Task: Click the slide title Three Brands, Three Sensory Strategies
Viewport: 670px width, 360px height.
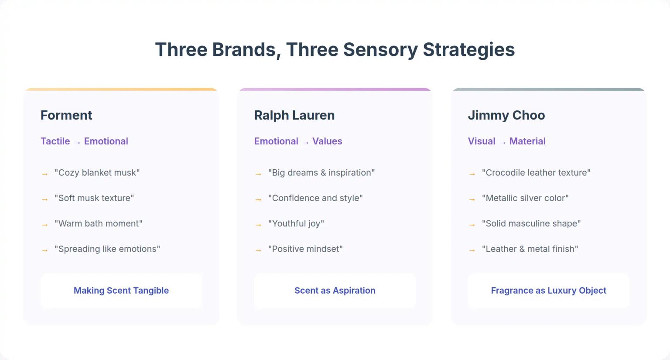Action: pyautogui.click(x=335, y=49)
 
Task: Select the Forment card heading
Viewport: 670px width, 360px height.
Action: pyautogui.click(x=66, y=115)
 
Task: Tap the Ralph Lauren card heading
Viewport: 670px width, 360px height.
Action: pyautogui.click(x=294, y=115)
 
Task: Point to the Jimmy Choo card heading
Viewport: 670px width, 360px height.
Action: pyautogui.click(x=506, y=115)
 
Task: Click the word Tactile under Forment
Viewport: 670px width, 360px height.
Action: pyautogui.click(x=55, y=141)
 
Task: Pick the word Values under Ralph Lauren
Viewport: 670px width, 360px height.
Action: pyautogui.click(x=327, y=141)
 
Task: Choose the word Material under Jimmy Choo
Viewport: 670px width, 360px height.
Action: pyautogui.click(x=527, y=141)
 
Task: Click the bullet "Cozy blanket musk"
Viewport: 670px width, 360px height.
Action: pyautogui.click(x=97, y=173)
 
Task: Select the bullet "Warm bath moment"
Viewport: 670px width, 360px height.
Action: pyautogui.click(x=98, y=223)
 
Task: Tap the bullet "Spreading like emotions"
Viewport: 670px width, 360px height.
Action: pyautogui.click(x=107, y=249)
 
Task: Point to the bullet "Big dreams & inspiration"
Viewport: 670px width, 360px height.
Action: pyautogui.click(x=321, y=173)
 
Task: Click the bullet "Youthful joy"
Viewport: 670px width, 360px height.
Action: pyautogui.click(x=296, y=223)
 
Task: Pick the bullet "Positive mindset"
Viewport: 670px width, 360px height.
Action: pyautogui.click(x=305, y=249)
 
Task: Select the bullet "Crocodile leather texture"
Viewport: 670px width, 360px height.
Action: pyautogui.click(x=536, y=173)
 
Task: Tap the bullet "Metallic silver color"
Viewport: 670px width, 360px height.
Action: pyautogui.click(x=525, y=198)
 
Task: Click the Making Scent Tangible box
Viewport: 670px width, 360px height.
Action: pyautogui.click(x=121, y=291)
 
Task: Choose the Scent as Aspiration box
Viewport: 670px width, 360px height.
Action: pyautogui.click(x=335, y=291)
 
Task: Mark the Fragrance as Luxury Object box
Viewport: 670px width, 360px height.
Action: pyautogui.click(x=548, y=291)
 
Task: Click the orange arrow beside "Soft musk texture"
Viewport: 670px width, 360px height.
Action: pyautogui.click(x=44, y=199)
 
